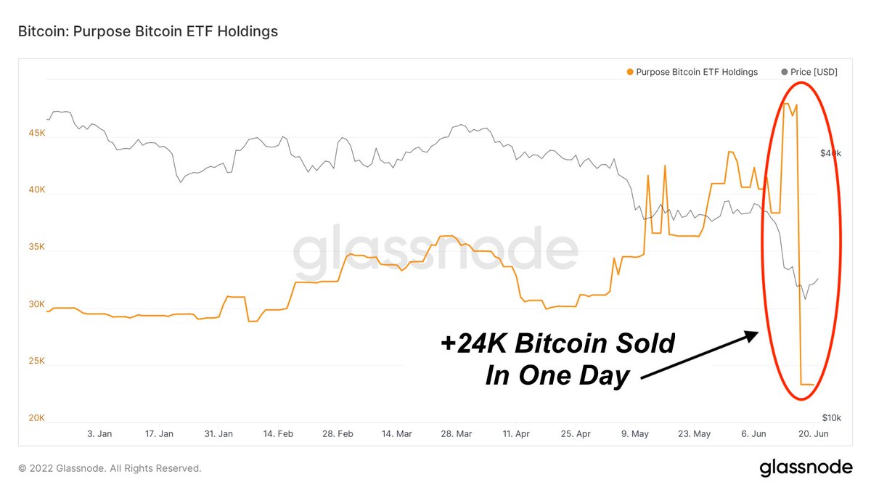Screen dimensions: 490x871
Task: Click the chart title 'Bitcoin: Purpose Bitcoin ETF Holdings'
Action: click(x=147, y=32)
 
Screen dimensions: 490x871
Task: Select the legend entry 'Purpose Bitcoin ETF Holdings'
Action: click(x=696, y=72)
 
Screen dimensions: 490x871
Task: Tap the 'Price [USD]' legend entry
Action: click(x=813, y=72)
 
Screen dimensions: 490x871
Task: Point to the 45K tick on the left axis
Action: click(x=37, y=134)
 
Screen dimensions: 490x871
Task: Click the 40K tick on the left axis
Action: click(x=37, y=190)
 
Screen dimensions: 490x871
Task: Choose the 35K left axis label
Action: click(x=37, y=247)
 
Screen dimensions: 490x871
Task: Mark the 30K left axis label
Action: click(x=37, y=304)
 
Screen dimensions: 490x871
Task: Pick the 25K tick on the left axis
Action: click(x=37, y=361)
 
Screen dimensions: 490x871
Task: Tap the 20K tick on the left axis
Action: click(x=37, y=418)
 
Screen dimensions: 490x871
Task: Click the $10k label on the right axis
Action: click(x=831, y=418)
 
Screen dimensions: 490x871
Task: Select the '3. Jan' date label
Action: click(x=99, y=434)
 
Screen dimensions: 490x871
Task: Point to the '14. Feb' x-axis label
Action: click(x=279, y=434)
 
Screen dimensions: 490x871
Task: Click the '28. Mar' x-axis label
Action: click(x=457, y=434)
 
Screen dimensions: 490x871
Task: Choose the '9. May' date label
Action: click(x=636, y=434)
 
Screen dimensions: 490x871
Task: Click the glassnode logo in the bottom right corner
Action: click(x=806, y=468)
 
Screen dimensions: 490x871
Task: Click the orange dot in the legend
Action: click(x=629, y=72)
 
